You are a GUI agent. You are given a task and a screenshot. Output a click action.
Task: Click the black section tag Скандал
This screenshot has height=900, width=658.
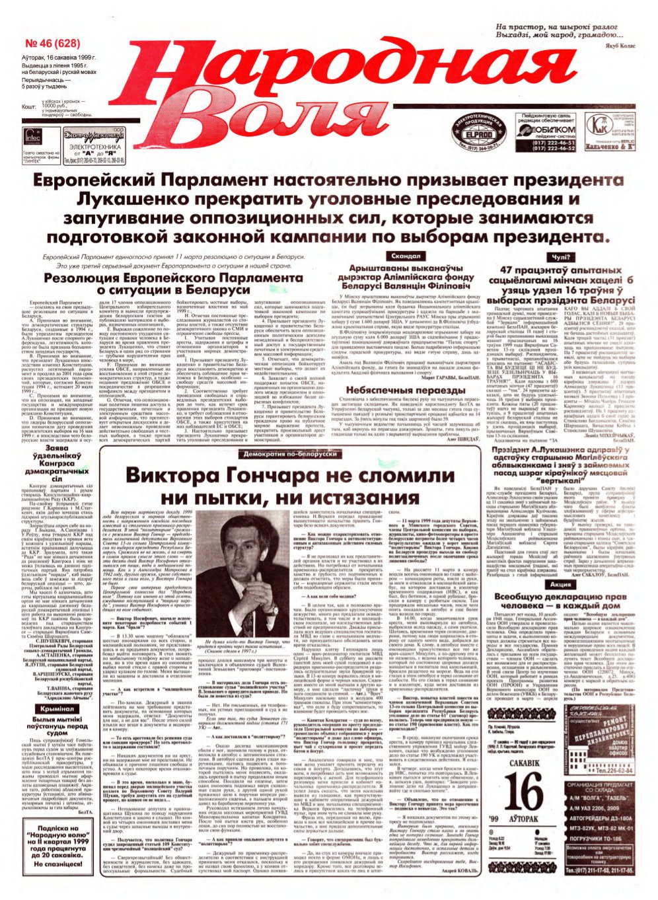click(405, 256)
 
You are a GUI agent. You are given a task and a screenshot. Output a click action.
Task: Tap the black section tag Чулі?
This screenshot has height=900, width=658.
click(560, 256)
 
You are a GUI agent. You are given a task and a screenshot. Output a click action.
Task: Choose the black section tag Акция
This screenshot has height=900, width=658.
click(560, 584)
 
